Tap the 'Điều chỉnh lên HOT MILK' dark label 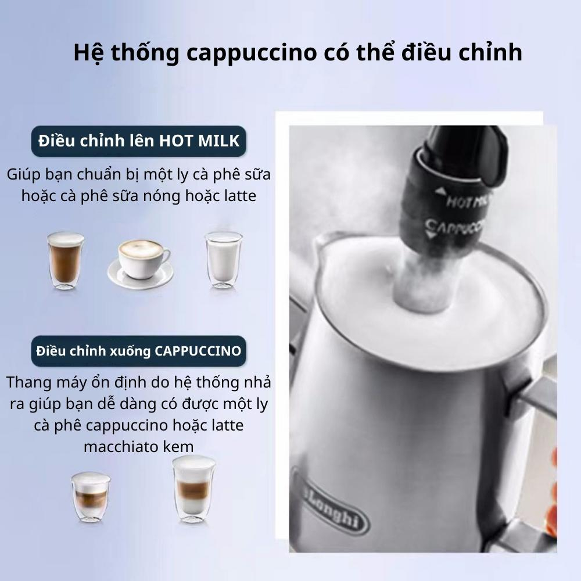(139, 141)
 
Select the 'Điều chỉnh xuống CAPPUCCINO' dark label (139, 351)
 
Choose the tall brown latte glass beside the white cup (66, 260)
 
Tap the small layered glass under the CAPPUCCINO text (91, 497)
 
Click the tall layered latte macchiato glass (194, 489)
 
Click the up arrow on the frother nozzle (440, 191)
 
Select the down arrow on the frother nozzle (430, 234)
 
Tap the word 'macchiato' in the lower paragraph (122, 446)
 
